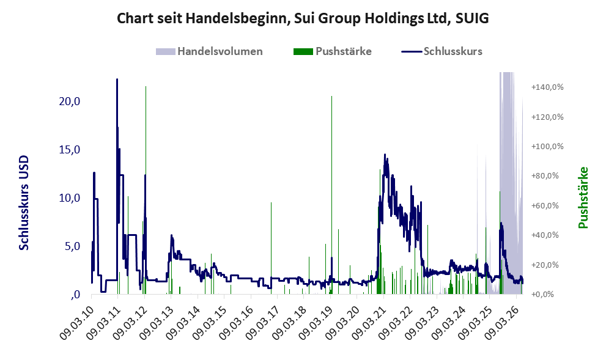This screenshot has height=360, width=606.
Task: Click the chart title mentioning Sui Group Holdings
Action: [x=303, y=18]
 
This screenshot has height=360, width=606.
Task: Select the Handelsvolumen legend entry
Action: [x=209, y=51]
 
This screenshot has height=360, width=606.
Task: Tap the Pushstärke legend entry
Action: [x=333, y=51]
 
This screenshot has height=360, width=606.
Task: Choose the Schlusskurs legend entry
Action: [x=442, y=51]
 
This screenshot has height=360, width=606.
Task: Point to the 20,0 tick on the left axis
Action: [x=70, y=101]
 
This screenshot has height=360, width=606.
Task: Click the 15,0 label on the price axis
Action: [x=70, y=150]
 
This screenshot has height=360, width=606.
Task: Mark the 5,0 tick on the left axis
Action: [x=72, y=246]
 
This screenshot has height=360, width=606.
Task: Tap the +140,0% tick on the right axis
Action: [x=547, y=87]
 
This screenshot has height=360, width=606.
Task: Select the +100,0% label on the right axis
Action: [x=547, y=147]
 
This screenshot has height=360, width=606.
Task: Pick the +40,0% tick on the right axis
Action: [x=545, y=235]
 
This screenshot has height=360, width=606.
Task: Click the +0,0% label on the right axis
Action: [x=542, y=295]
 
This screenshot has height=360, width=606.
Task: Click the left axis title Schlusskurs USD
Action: [x=24, y=202]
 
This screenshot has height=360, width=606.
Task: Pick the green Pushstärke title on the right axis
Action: [x=583, y=197]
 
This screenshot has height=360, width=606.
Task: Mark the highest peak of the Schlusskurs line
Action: [x=117, y=79]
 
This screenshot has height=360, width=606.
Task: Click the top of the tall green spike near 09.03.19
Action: [x=331, y=96]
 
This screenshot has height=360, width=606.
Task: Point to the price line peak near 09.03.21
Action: [x=385, y=154]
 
